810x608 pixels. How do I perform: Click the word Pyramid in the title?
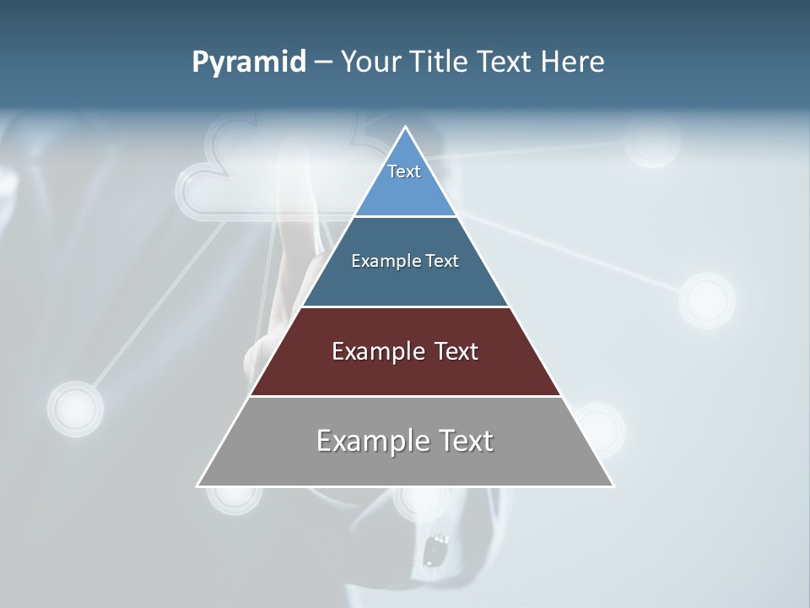pyautogui.click(x=248, y=62)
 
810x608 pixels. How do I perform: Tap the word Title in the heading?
pyautogui.click(x=438, y=62)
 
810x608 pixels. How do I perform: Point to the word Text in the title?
pyautogui.click(x=505, y=62)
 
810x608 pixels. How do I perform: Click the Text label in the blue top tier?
pyautogui.click(x=404, y=171)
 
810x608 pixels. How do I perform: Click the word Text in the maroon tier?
pyautogui.click(x=456, y=351)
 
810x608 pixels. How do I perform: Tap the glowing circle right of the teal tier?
pyautogui.click(x=707, y=301)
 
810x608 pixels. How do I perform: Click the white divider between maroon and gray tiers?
pyautogui.click(x=405, y=396)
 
